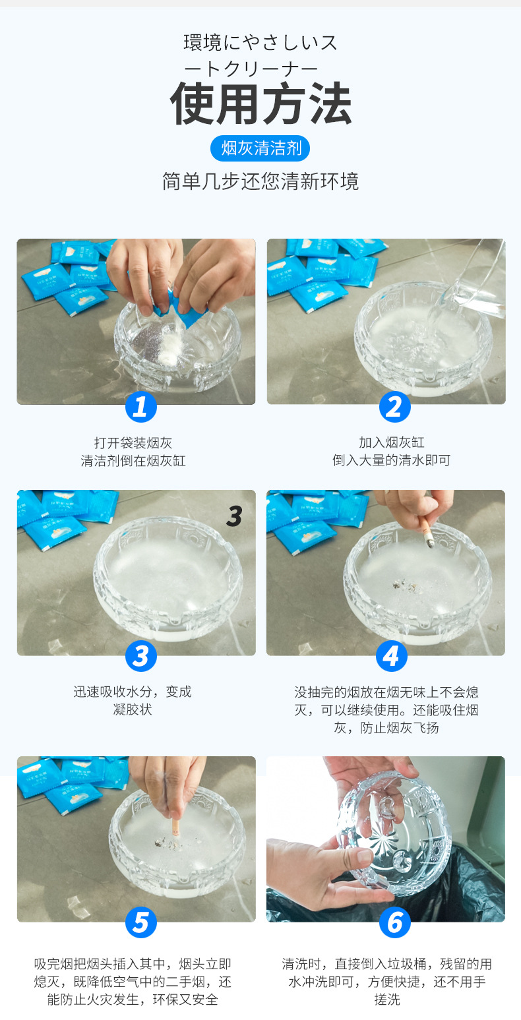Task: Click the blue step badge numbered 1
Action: coord(140,407)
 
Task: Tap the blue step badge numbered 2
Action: coord(394,407)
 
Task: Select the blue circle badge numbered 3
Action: coord(140,655)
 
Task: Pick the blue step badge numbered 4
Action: coord(391,655)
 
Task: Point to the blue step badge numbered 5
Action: coord(140,922)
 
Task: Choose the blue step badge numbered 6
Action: coord(394,922)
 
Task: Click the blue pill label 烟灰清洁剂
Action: coord(260,148)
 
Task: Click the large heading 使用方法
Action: coord(260,104)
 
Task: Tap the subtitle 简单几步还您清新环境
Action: coord(260,181)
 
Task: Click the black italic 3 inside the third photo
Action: coord(234,516)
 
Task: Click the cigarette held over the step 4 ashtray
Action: coord(426,532)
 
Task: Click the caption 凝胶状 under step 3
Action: coord(133,709)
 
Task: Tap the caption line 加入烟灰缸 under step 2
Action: coord(392,442)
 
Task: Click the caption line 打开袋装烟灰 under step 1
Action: coord(133,442)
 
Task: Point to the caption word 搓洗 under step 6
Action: coord(387,1000)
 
